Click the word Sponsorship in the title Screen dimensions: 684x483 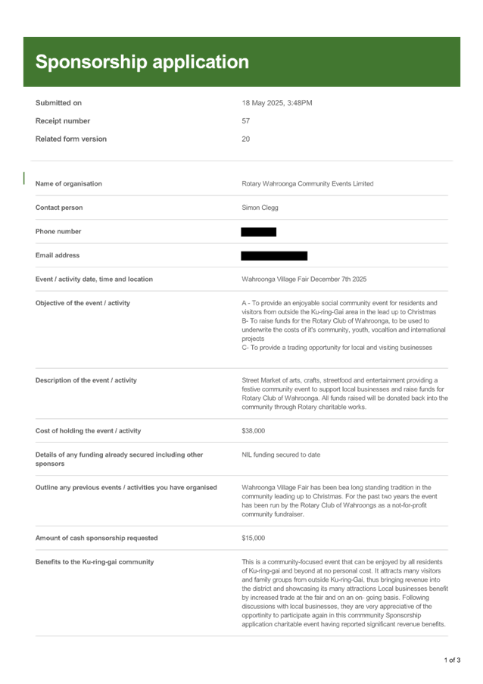tap(91, 62)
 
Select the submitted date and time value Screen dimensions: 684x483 tap(276, 102)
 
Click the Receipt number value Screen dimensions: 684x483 tap(245, 120)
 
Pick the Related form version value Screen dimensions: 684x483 tap(245, 139)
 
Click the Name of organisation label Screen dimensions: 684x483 tap(69, 183)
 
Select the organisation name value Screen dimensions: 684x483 tap(307, 183)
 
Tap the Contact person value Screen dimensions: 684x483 tap(259, 207)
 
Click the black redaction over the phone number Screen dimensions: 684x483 tap(258, 232)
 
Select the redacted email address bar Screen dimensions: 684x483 tap(274, 256)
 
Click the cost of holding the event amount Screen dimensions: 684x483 tap(252, 431)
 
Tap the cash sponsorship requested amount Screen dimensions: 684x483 tap(252, 538)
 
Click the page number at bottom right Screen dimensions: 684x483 tap(452, 660)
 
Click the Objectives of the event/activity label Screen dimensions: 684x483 tap(83, 303)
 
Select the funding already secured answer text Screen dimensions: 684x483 tap(281, 454)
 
